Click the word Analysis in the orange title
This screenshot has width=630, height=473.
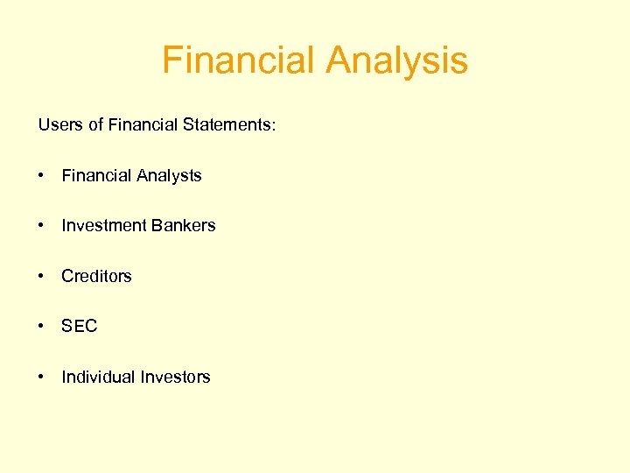click(x=397, y=61)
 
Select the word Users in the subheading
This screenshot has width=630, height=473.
click(x=59, y=125)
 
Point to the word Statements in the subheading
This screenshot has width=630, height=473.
click(x=228, y=125)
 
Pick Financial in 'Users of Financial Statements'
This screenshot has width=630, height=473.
click(x=143, y=125)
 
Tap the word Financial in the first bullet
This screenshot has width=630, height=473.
click(x=96, y=176)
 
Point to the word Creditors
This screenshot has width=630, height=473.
click(x=96, y=276)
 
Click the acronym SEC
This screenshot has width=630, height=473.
click(x=79, y=327)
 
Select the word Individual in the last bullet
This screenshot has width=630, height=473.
click(x=96, y=377)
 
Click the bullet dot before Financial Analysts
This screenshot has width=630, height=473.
click(x=42, y=176)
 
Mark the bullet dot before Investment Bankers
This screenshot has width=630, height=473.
click(x=42, y=226)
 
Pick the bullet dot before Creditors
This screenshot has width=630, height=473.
click(x=42, y=276)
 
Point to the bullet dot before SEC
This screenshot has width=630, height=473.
click(x=42, y=327)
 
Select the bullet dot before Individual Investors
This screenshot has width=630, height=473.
click(x=42, y=377)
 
